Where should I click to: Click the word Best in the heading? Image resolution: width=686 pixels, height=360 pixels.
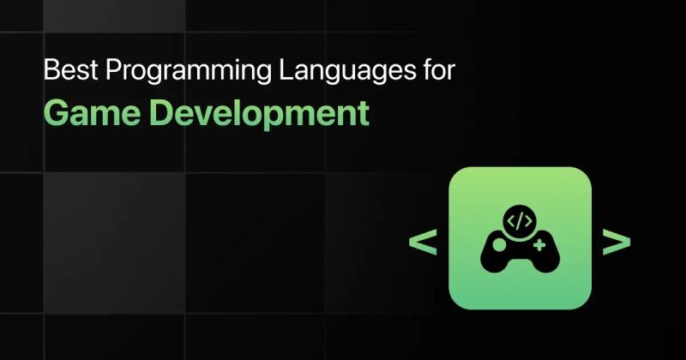(x=63, y=70)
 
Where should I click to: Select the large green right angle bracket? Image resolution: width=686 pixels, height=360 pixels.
(x=617, y=243)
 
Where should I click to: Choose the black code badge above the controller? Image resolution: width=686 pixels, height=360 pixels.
(x=520, y=220)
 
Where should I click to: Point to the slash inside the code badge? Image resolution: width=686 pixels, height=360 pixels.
(x=520, y=220)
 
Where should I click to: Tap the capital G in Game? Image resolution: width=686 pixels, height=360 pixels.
(x=57, y=113)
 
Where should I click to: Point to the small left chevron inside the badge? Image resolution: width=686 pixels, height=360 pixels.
(x=512, y=220)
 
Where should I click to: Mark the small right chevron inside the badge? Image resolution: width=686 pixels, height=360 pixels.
(x=527, y=220)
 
